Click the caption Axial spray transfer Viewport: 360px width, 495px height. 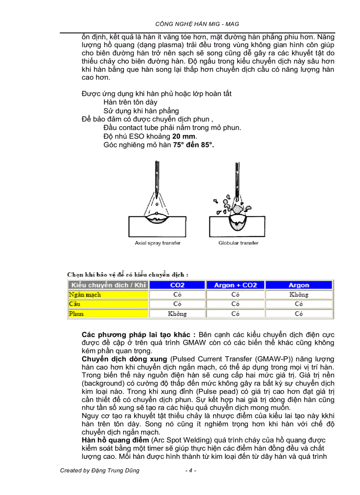click(x=157, y=243)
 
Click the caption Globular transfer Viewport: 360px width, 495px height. click(x=238, y=243)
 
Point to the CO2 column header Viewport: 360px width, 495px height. click(x=177, y=285)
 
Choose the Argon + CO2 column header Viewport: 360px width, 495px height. click(x=235, y=285)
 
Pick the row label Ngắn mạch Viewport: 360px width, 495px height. click(x=85, y=294)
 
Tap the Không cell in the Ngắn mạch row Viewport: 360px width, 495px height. click(x=299, y=294)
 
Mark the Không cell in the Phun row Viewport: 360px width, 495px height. click(x=177, y=314)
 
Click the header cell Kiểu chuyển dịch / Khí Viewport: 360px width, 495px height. click(x=108, y=285)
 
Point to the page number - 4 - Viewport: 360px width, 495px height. click(x=191, y=470)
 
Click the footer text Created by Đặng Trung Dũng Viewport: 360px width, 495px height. click(x=100, y=470)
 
